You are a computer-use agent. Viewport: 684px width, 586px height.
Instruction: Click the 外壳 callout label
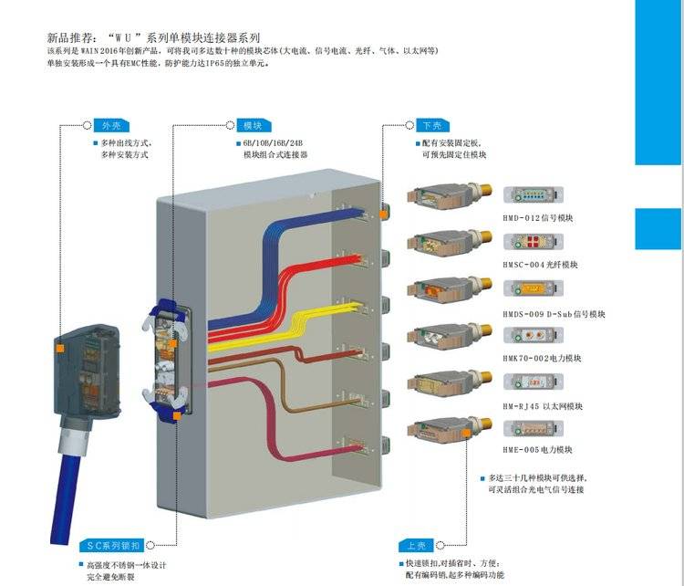pos(111,125)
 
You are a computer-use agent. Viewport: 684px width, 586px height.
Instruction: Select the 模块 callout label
pos(253,125)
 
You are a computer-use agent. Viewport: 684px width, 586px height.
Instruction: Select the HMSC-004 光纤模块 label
pos(541,265)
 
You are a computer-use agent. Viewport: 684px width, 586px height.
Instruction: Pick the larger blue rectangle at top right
pos(658,82)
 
